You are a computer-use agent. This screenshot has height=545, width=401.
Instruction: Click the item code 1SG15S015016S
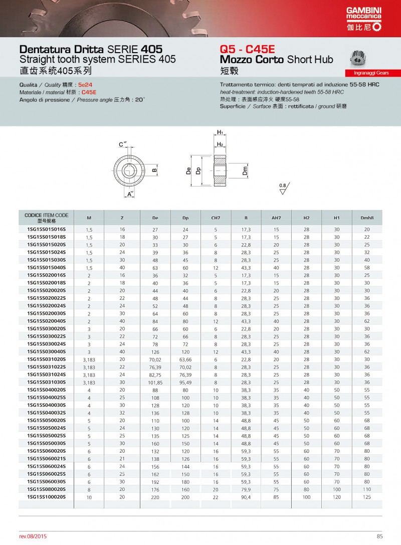(x=46, y=229)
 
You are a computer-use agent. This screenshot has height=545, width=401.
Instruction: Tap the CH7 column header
(x=216, y=218)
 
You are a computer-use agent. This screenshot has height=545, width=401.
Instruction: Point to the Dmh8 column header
(x=367, y=218)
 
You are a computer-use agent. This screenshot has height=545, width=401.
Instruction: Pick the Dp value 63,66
(x=185, y=359)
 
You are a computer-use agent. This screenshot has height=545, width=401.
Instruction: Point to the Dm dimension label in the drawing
(x=245, y=171)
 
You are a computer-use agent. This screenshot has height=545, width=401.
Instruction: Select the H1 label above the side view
(x=220, y=132)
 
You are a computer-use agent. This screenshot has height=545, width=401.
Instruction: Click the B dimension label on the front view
(x=154, y=170)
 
